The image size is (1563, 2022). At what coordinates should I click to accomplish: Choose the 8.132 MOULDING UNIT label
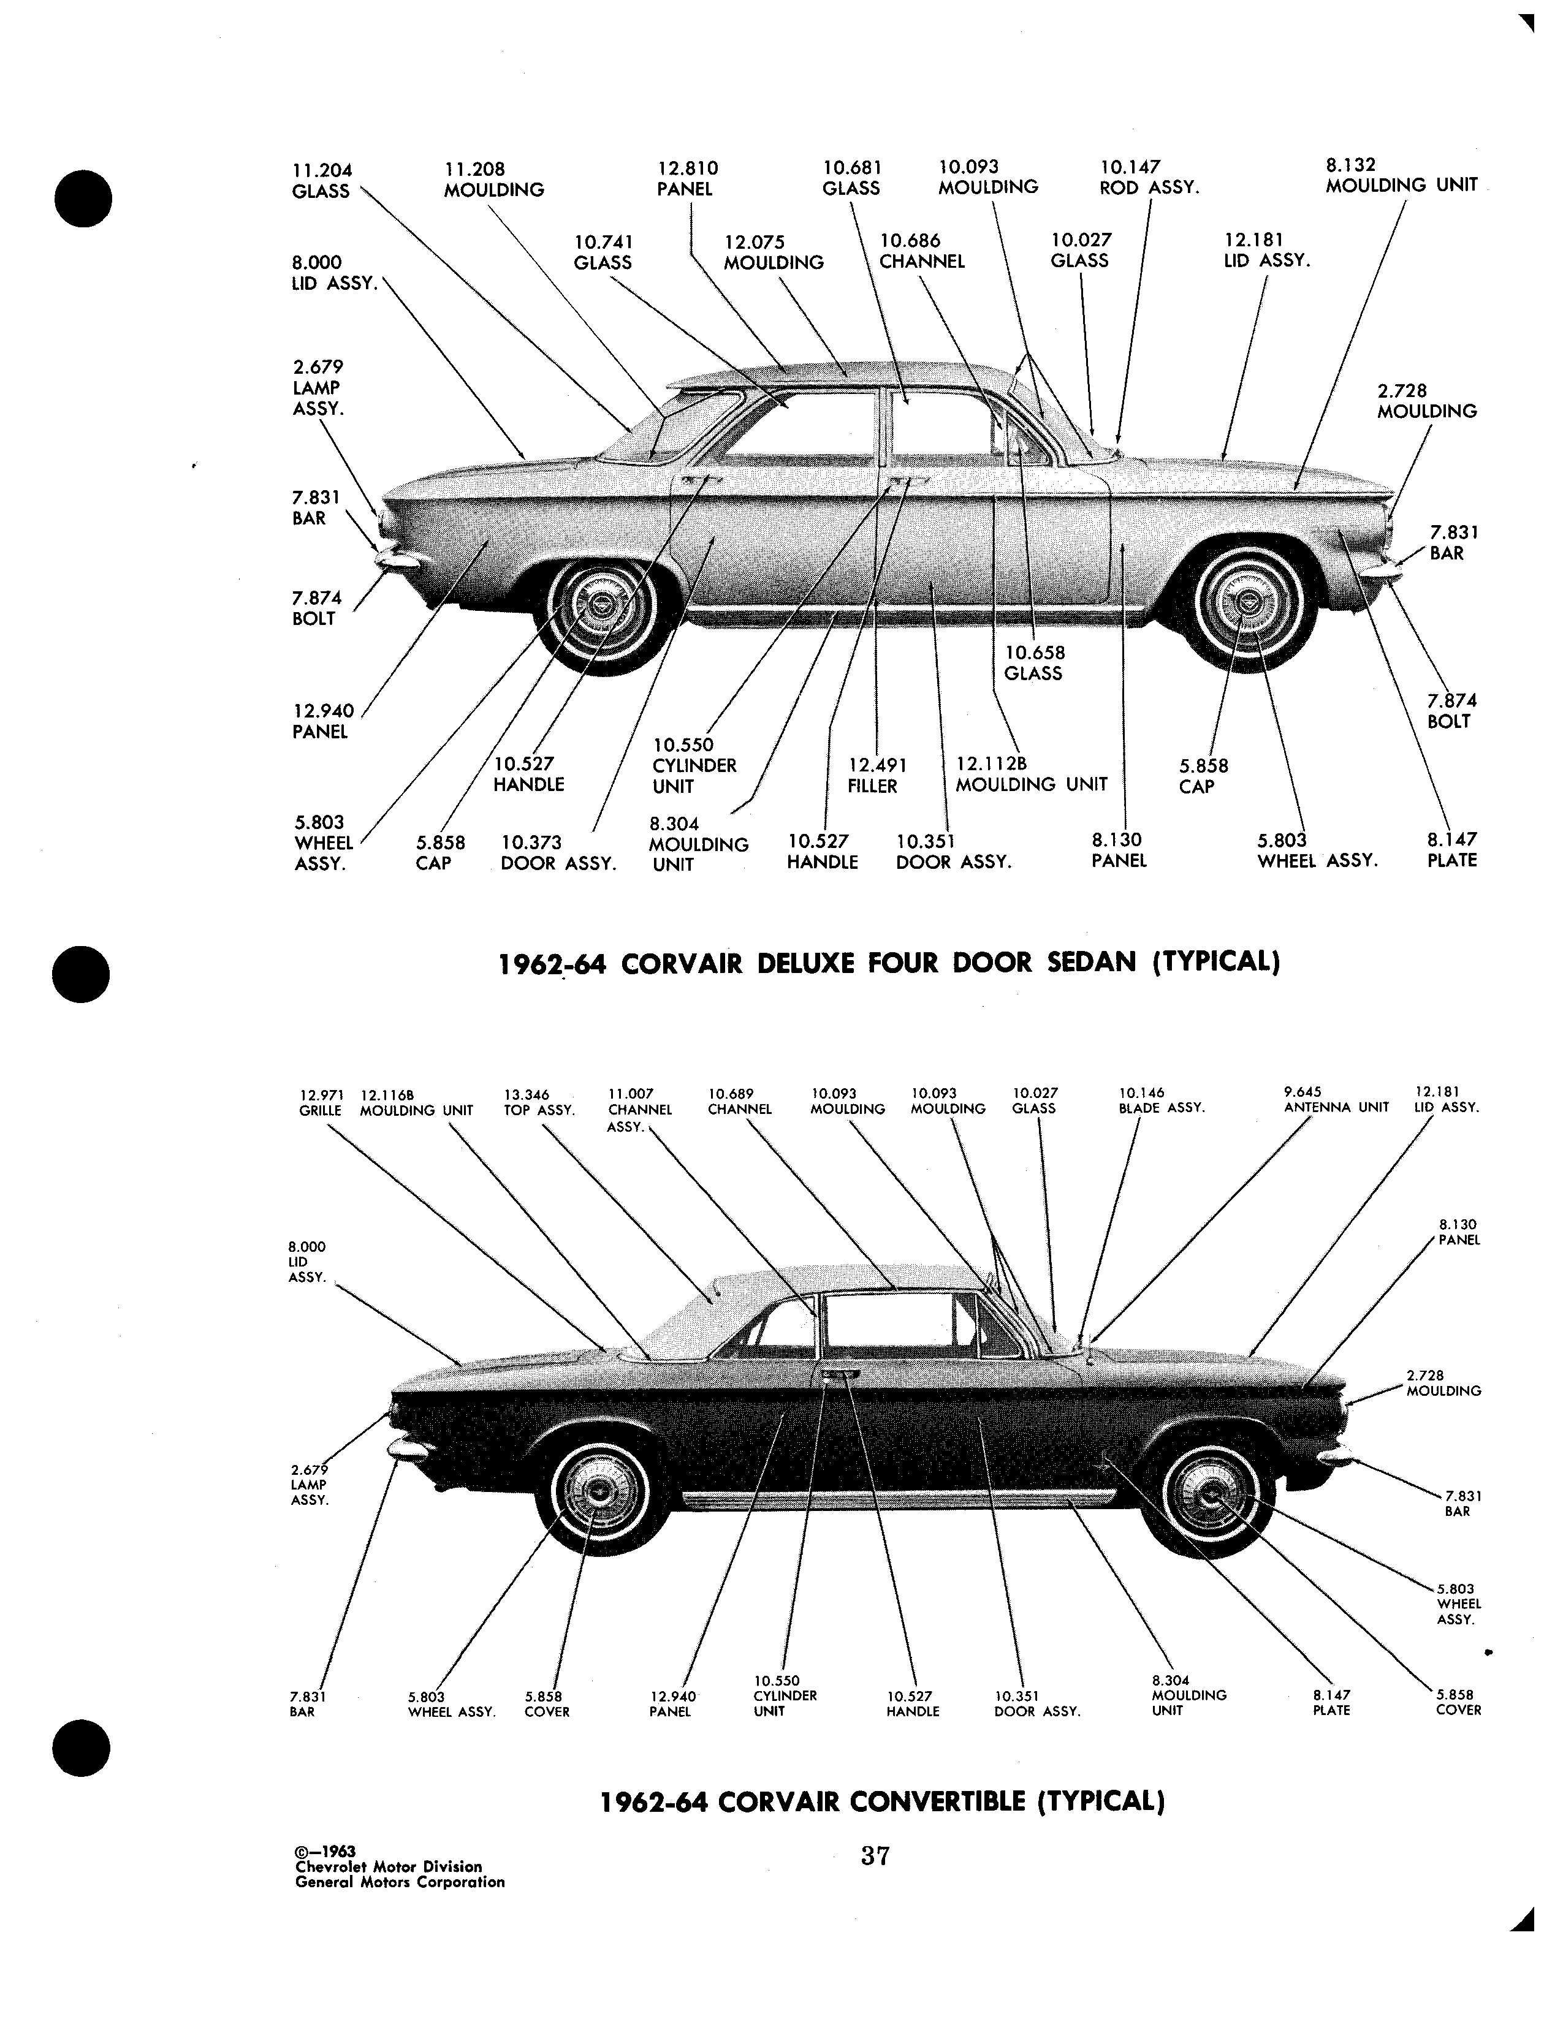click(x=1401, y=175)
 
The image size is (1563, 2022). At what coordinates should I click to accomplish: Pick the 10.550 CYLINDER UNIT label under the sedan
click(x=694, y=766)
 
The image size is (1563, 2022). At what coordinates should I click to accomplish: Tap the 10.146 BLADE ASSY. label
click(x=1161, y=1100)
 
